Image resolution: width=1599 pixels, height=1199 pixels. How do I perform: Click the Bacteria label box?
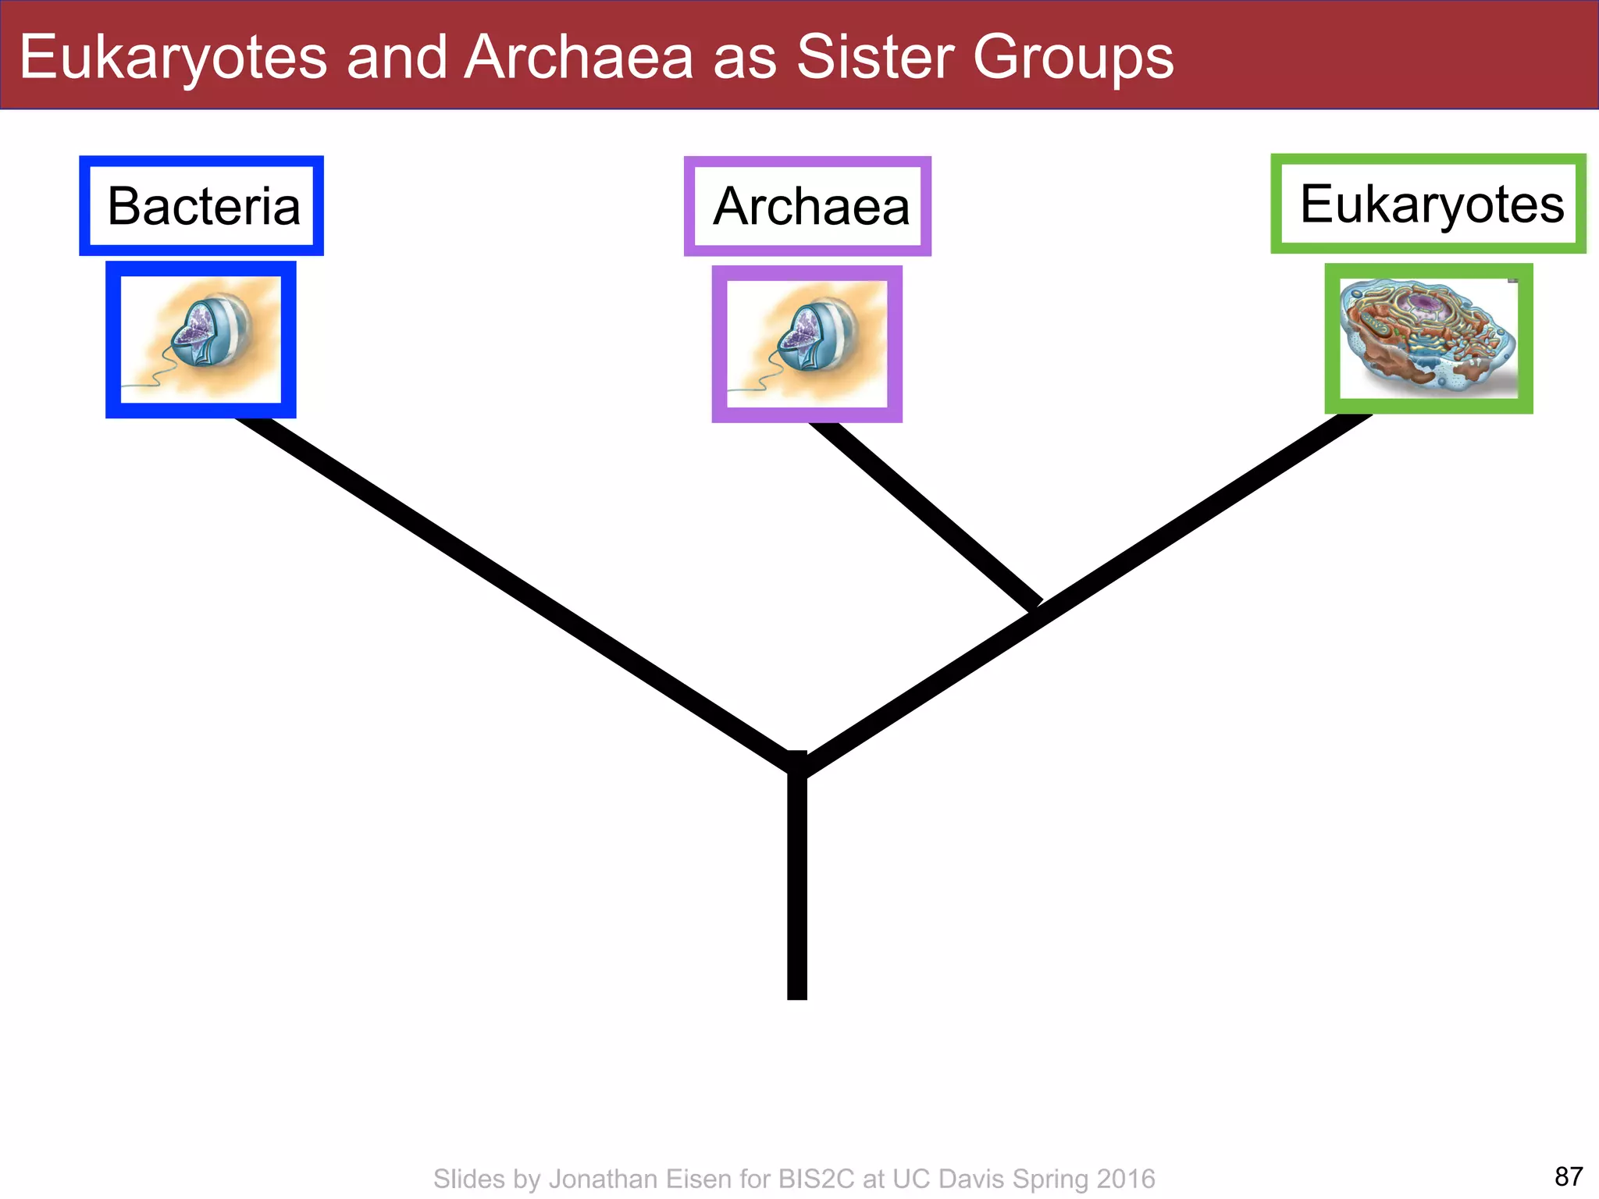click(x=201, y=206)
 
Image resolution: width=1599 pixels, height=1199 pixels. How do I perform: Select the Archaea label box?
click(x=807, y=207)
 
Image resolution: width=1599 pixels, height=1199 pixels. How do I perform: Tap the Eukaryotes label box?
click(x=1428, y=204)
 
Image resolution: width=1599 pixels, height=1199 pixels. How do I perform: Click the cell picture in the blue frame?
click(x=201, y=340)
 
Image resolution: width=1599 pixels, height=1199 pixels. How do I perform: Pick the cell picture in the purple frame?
click(x=807, y=344)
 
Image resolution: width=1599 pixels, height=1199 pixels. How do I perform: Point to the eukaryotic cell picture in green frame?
click(x=1428, y=339)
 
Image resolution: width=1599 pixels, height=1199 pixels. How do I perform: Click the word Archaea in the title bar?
click(x=579, y=57)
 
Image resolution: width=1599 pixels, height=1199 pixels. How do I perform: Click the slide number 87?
click(x=1569, y=1176)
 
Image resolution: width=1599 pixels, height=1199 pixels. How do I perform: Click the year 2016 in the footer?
click(x=1125, y=1179)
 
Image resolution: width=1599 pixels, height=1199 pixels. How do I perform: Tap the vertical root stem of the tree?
click(x=797, y=890)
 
